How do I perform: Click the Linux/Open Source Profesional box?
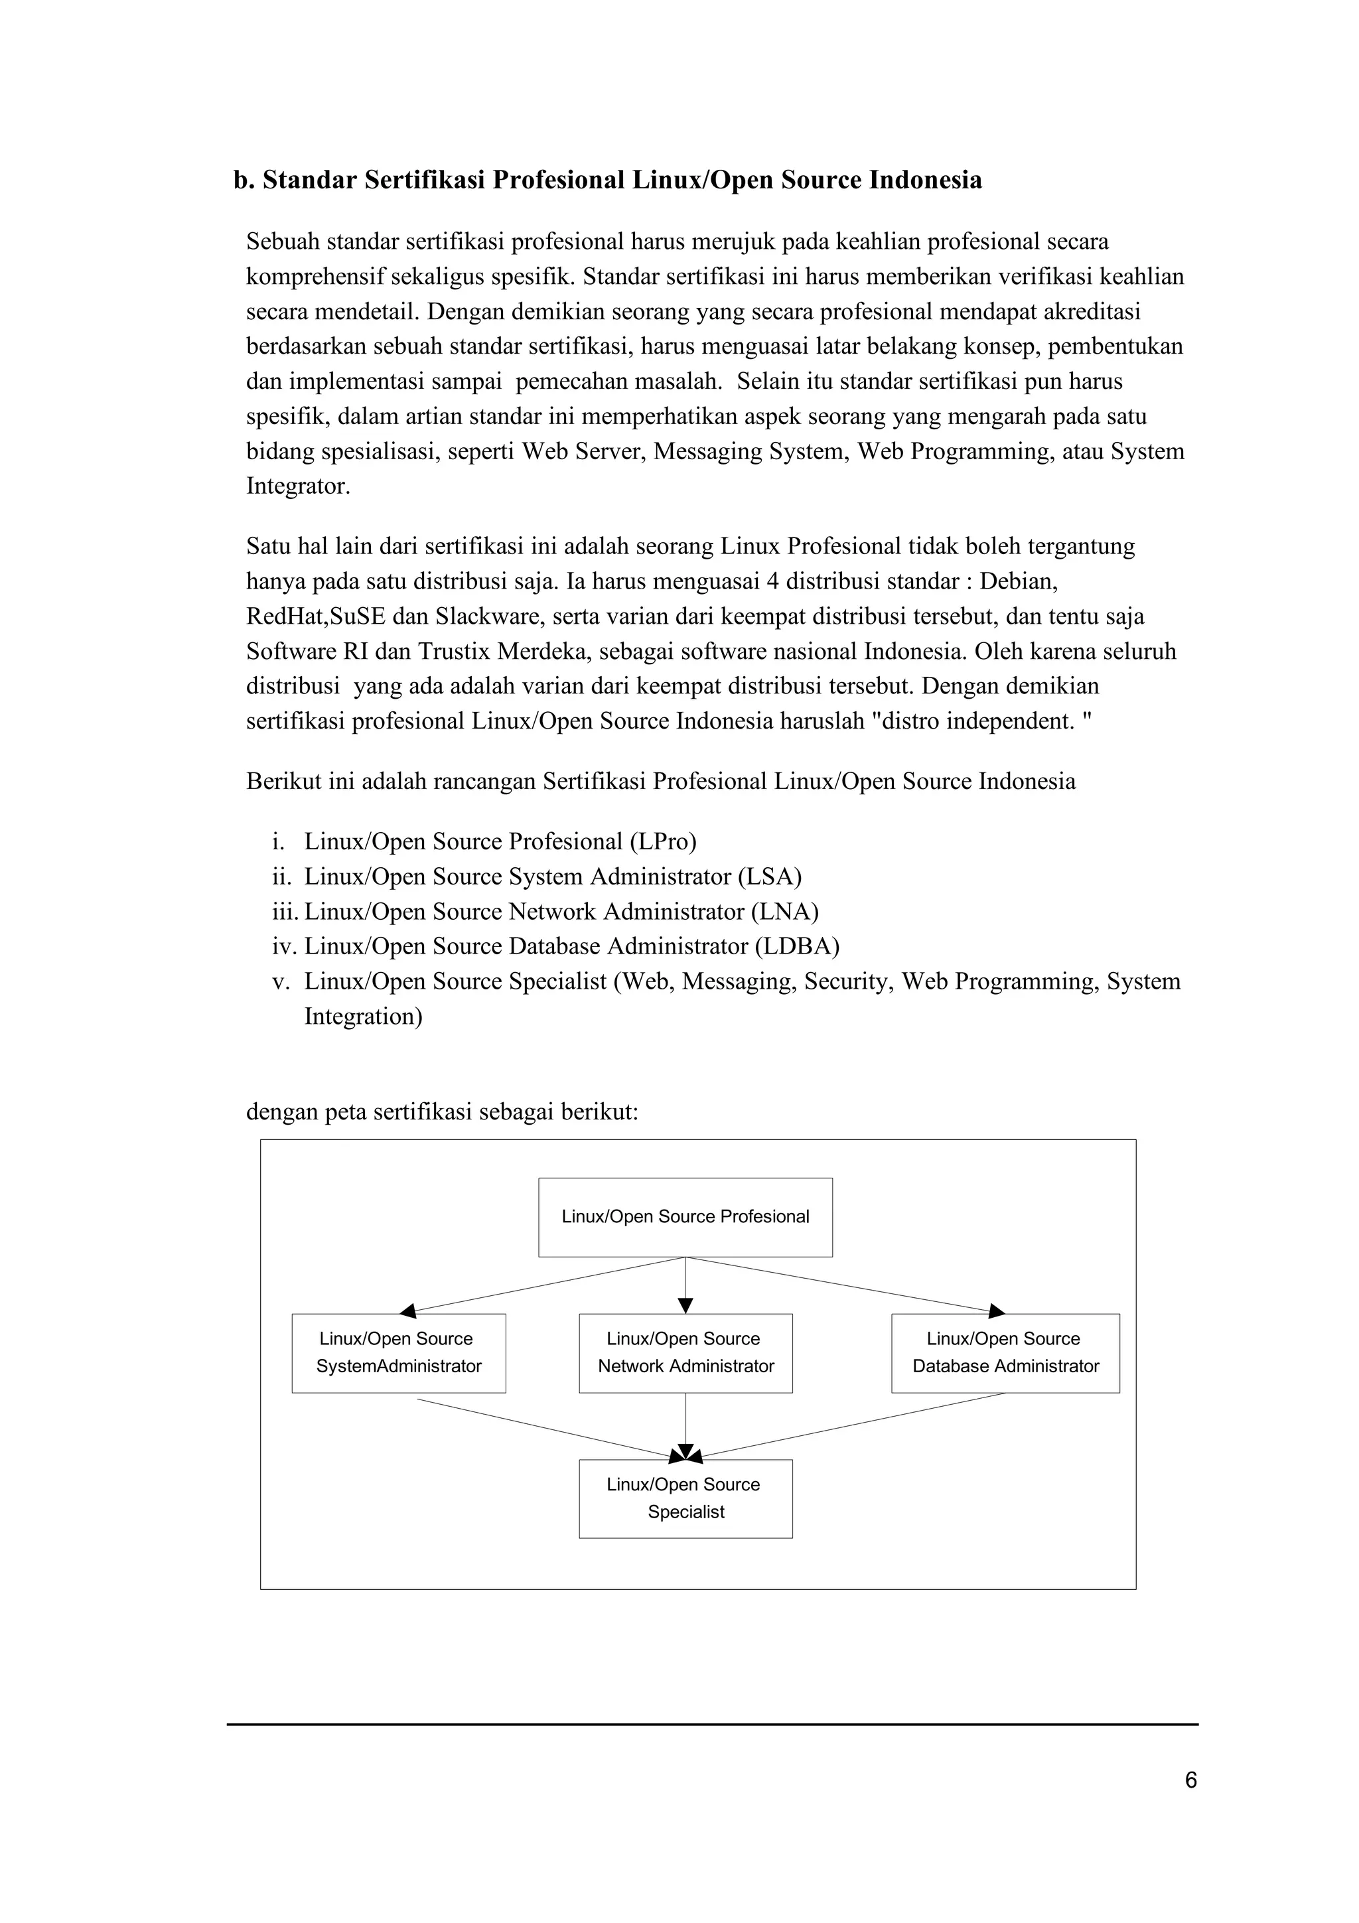coord(685,1217)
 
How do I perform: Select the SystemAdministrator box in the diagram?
coord(399,1352)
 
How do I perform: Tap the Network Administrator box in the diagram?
coord(685,1352)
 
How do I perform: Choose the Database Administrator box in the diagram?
coord(1005,1352)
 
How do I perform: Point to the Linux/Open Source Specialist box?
coord(685,1498)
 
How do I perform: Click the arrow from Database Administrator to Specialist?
coord(845,1429)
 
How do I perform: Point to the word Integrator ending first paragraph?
coord(297,486)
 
